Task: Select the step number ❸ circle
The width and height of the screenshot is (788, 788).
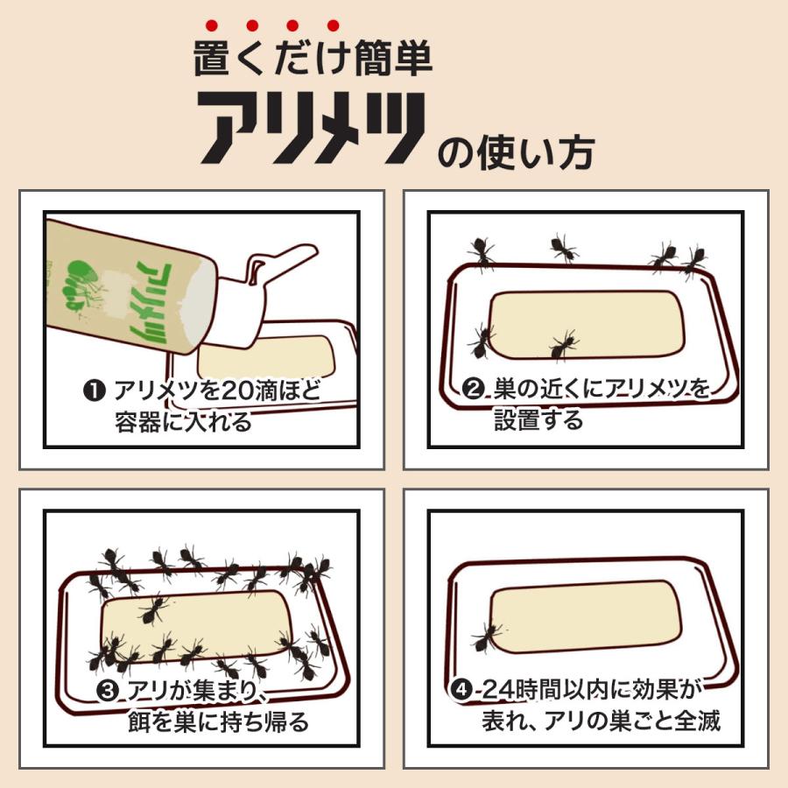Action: (x=108, y=692)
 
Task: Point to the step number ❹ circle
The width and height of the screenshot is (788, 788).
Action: (x=461, y=692)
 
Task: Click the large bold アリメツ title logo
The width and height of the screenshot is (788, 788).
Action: (x=311, y=128)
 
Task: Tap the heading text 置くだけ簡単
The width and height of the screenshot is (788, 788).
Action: (x=313, y=59)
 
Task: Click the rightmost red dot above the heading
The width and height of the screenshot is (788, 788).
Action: (x=332, y=25)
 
